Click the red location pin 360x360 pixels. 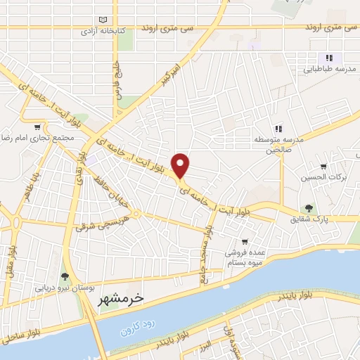181,165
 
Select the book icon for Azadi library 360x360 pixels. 104,20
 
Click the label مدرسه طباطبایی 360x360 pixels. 328,70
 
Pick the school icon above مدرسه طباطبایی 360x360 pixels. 328,58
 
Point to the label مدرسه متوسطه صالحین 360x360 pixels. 278,145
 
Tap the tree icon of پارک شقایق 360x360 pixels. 308,207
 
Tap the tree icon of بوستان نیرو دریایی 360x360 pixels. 65,276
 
